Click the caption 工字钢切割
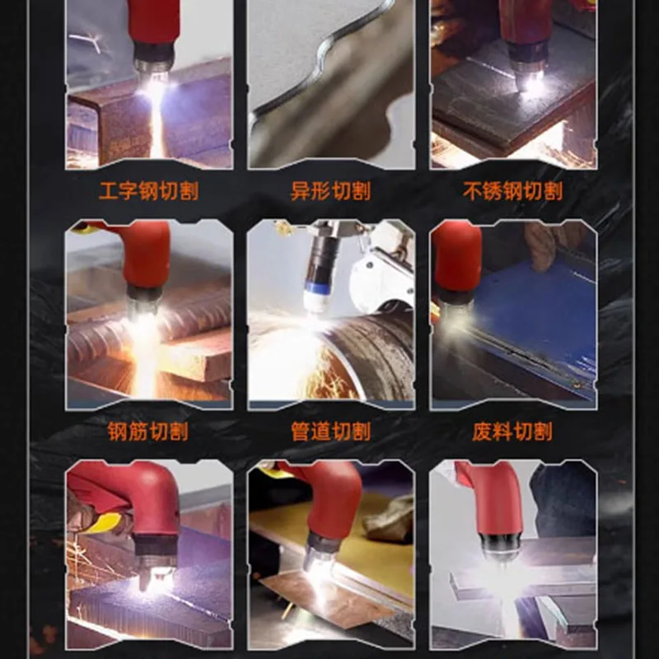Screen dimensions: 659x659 [x=148, y=193]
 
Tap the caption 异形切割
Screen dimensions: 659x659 [x=330, y=193]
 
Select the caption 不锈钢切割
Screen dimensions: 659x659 [x=512, y=193]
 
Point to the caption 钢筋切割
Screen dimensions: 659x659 [x=148, y=432]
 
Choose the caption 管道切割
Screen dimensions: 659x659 [x=330, y=432]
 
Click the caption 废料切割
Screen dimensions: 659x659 [x=512, y=432]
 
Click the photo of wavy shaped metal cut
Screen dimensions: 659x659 [x=330, y=82]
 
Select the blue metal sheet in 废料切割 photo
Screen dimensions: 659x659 [x=535, y=313]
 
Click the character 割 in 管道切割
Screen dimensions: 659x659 [x=360, y=432]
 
